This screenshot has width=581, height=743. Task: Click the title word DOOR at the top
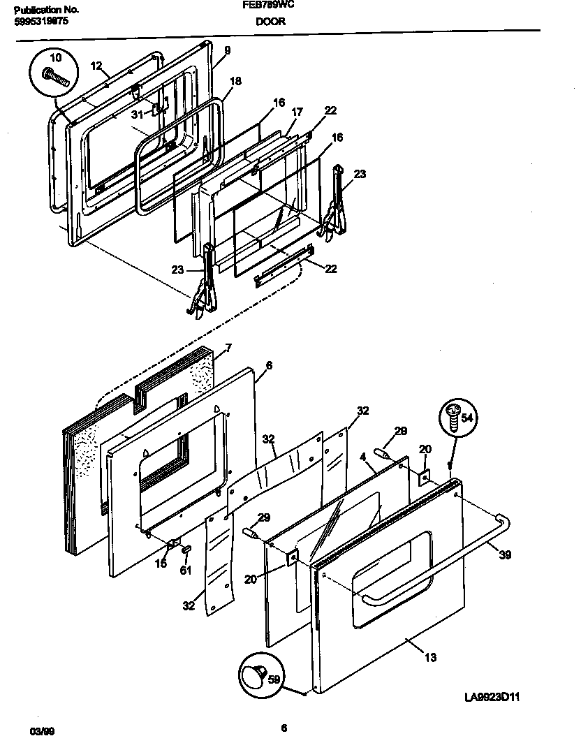click(x=270, y=22)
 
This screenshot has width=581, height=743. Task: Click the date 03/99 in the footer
click(x=43, y=730)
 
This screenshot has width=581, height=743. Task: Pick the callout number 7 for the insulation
click(x=228, y=348)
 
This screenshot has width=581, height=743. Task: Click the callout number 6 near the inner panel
click(x=269, y=365)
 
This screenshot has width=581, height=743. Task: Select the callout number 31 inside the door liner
click(x=138, y=115)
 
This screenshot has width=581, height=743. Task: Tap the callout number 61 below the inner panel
click(x=185, y=571)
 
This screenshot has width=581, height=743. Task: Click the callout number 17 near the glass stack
click(x=297, y=111)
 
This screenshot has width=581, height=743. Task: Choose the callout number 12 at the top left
click(x=96, y=66)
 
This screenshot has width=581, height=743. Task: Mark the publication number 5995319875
click(x=41, y=22)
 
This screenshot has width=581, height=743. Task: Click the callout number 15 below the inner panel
click(x=161, y=564)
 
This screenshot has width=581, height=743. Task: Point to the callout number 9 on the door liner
click(x=227, y=50)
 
